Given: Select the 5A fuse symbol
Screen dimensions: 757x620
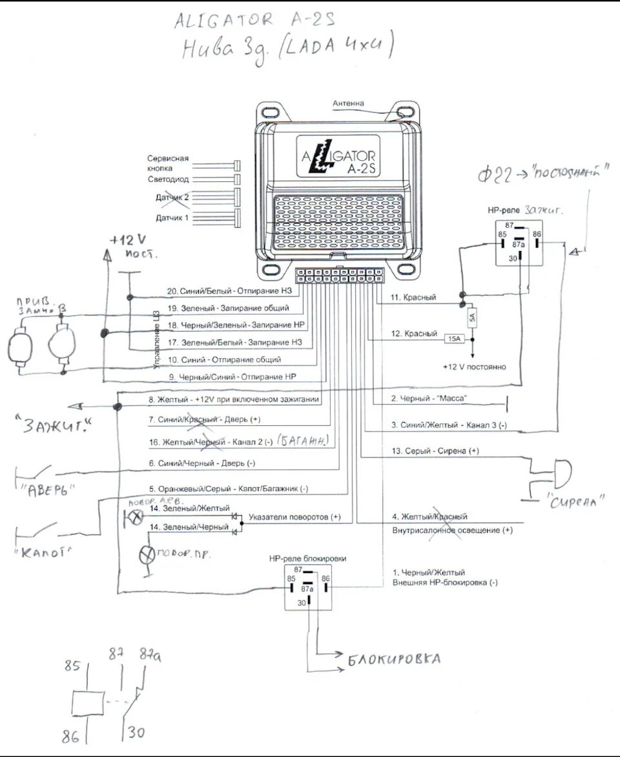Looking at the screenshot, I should [472, 318].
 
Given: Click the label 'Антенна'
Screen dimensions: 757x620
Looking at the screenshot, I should [348, 103].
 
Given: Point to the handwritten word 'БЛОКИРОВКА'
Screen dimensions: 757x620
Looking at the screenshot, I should [395, 660].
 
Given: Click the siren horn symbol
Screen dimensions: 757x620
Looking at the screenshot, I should [561, 474].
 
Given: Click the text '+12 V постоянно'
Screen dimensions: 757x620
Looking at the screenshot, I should [474, 367].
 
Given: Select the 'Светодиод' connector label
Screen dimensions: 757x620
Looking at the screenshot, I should [168, 179].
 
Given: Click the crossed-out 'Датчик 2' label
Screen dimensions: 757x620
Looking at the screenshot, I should [172, 197].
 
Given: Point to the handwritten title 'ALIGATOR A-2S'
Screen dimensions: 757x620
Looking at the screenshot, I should [254, 21].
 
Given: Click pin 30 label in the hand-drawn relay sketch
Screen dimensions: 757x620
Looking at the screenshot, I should [136, 732].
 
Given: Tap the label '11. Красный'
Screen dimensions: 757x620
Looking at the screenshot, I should [413, 298].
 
